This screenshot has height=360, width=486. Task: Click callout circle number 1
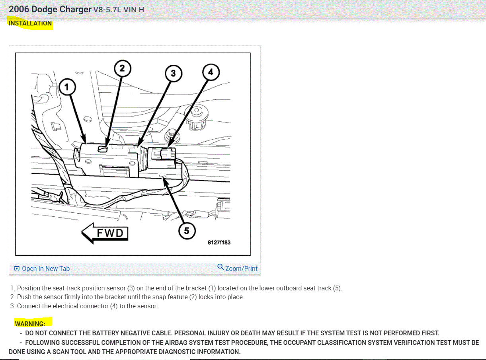tap(67, 87)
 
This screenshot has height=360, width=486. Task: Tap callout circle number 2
tap(123, 68)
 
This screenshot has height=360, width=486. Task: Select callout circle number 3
tap(173, 73)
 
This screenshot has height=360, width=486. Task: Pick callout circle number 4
tap(211, 72)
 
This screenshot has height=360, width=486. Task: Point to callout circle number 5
tap(187, 231)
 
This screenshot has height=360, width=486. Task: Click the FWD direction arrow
tap(105, 233)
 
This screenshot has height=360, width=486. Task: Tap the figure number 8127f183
tap(219, 242)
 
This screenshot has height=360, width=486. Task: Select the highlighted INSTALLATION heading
tap(30, 23)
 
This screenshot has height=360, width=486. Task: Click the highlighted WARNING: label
tap(30, 324)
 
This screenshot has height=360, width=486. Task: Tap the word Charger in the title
tap(75, 10)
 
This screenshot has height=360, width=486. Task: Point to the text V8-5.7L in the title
tap(107, 10)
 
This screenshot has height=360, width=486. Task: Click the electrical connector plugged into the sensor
tap(162, 158)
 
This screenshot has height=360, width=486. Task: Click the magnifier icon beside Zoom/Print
tap(221, 267)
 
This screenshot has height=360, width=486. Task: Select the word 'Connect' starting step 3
tap(28, 306)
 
